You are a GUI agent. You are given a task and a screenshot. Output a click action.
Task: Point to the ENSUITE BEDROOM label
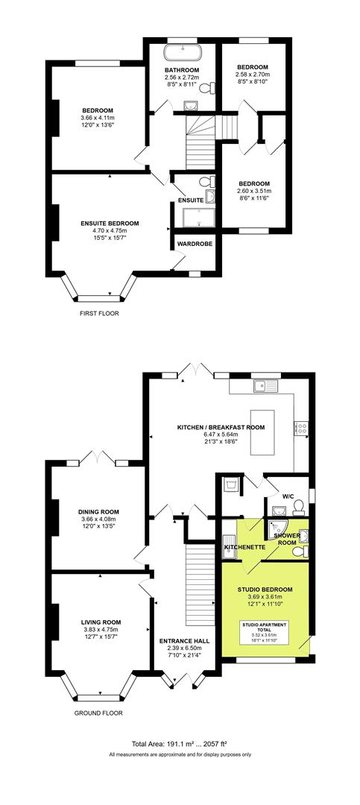click(x=110, y=223)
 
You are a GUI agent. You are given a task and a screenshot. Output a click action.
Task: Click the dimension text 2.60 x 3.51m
click(x=254, y=191)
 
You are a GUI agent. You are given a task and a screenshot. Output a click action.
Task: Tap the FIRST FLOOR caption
click(x=99, y=314)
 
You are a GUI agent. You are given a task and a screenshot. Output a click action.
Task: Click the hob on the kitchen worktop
click(x=303, y=428)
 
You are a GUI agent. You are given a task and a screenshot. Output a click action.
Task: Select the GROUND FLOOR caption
click(x=99, y=713)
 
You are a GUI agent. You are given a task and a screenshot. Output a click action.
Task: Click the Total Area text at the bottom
click(x=179, y=745)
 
